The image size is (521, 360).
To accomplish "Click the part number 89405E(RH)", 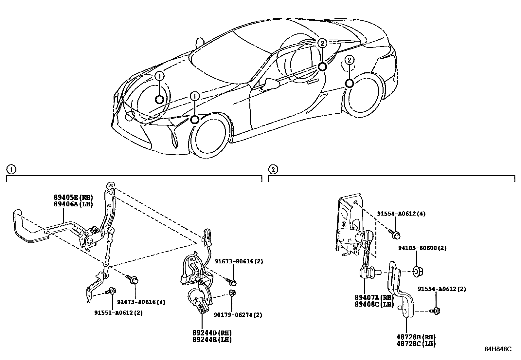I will (74, 198).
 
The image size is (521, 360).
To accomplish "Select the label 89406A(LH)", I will (74, 204).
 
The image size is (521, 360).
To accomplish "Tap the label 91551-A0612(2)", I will (118, 313).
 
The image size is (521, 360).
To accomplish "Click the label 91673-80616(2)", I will (239, 261).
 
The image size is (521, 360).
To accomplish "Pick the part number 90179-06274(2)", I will (238, 315).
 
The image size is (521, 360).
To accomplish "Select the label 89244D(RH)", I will (212, 333).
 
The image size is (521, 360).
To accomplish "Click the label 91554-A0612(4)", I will (401, 214).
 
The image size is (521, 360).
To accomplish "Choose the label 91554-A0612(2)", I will (441, 289).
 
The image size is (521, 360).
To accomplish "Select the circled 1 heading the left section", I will (11, 169).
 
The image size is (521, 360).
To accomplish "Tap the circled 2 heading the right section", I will (273, 169).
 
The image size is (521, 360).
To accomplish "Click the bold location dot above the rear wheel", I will (350, 83).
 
